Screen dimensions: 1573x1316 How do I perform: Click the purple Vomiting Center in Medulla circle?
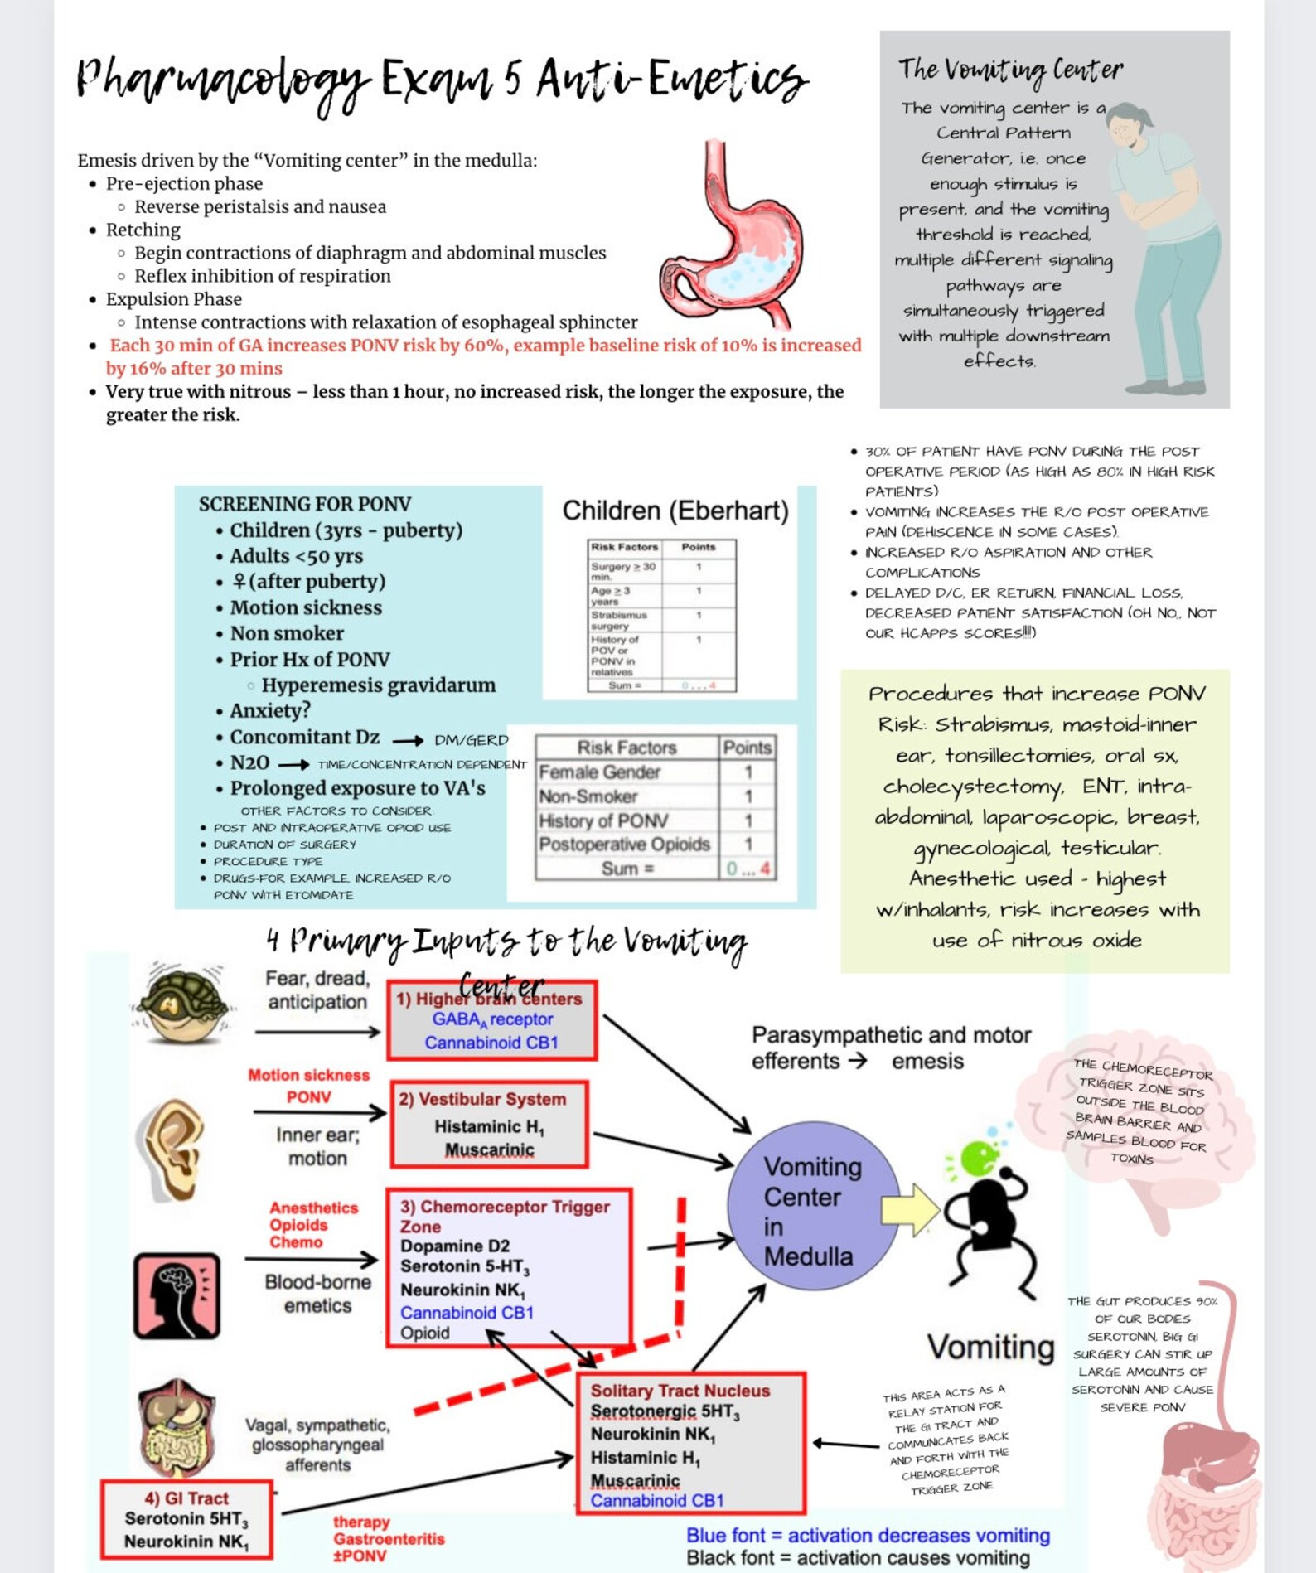click(813, 1209)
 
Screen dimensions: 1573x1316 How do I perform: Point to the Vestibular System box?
click(490, 1124)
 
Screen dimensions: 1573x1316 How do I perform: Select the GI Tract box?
click(186, 1519)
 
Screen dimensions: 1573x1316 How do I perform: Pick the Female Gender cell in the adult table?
click(599, 772)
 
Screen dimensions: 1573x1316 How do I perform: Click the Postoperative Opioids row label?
click(624, 845)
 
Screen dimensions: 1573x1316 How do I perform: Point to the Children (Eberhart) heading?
click(675, 511)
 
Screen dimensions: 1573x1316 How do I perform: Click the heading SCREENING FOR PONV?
click(304, 504)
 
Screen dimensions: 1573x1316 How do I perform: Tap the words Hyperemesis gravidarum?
click(379, 685)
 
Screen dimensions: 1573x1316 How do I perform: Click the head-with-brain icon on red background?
click(177, 1295)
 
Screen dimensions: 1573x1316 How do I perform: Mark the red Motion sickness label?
click(308, 1075)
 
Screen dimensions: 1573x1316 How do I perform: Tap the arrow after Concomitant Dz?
click(408, 740)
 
